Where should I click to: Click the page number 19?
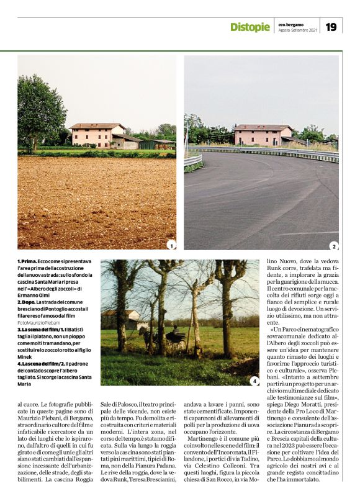tap(331, 27)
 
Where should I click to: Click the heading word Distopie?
tap(250, 27)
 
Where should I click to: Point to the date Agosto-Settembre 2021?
tap(297, 30)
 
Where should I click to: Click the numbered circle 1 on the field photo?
tap(171, 245)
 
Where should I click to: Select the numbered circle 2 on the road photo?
tap(333, 245)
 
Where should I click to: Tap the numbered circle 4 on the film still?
tap(254, 381)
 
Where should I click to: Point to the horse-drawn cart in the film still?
tap(155, 338)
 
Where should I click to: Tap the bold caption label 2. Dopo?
tap(27, 302)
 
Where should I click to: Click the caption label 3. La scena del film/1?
tap(46, 330)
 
